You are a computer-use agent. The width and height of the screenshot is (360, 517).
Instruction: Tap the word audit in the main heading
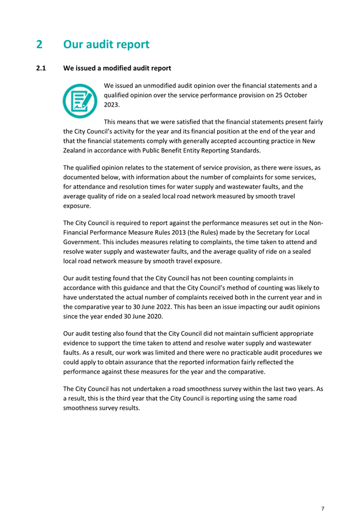[x=104, y=44]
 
